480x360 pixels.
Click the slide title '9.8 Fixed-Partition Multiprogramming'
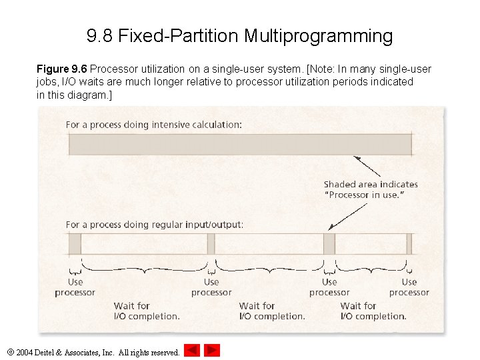coord(239,35)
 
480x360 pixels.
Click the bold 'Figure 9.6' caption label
coord(61,69)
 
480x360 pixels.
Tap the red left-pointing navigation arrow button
coord(192,350)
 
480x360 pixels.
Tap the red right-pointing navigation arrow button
coord(212,350)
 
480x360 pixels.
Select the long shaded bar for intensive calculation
coord(240,145)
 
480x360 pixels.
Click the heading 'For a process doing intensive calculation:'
coord(153,125)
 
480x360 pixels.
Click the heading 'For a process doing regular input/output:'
coord(155,225)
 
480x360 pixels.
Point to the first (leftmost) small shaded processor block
coord(75,243)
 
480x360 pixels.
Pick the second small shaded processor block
coord(211,243)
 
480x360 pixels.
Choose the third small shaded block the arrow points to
coord(329,243)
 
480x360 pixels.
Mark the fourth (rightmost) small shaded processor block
coord(409,243)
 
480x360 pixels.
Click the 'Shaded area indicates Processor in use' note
coord(371,189)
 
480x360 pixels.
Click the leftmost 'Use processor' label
coord(75,287)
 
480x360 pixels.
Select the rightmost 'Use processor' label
coord(409,287)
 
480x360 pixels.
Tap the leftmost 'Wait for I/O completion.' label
coord(147,311)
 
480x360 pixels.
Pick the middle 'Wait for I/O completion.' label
coord(272,311)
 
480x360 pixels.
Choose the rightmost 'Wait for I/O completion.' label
coord(373,311)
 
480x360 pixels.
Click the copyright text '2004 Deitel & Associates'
coord(97,352)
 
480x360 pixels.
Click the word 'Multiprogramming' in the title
coord(318,35)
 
